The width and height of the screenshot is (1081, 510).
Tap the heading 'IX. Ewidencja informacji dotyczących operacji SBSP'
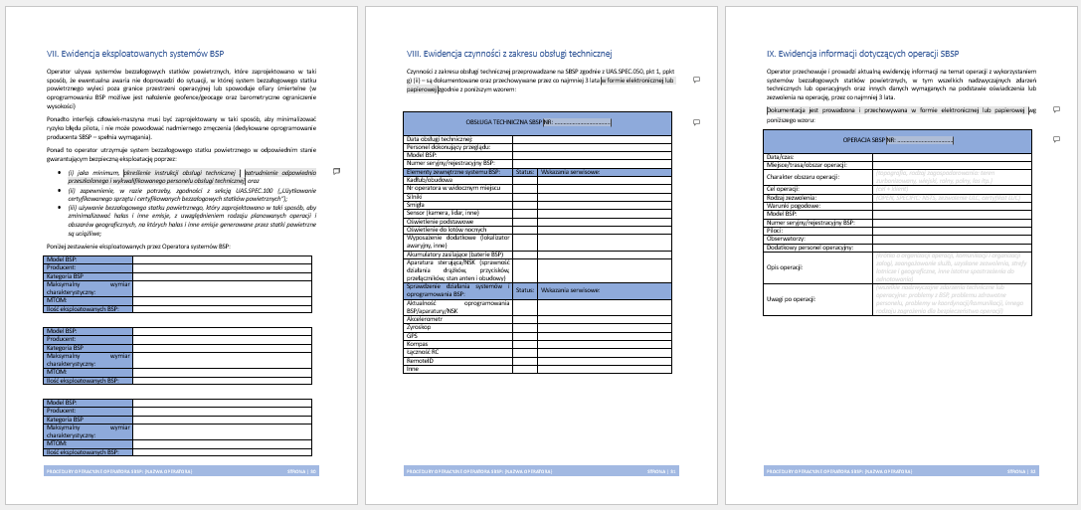click(863, 53)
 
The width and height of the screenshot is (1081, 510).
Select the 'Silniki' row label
click(415, 199)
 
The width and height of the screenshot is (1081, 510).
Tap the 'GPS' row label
click(413, 336)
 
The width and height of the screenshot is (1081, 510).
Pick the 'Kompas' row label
click(417, 344)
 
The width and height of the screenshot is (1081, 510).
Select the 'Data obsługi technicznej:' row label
click(439, 139)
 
